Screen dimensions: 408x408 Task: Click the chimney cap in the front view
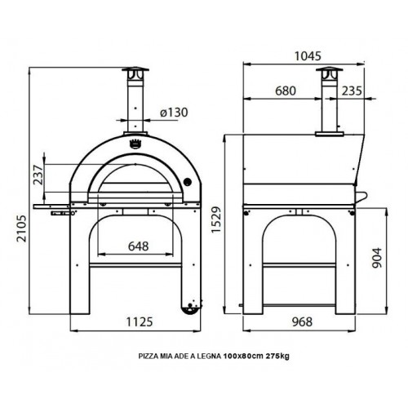[x=135, y=71]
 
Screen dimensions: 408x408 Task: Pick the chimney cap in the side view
[x=329, y=71]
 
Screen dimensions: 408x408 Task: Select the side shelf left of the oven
[x=51, y=197]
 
